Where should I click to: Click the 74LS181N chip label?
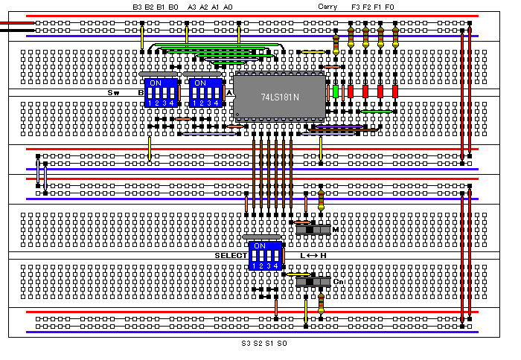(280, 97)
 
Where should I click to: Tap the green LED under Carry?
(336, 91)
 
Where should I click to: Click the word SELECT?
(230, 256)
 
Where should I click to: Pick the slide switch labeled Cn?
(313, 282)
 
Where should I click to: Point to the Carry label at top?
(327, 7)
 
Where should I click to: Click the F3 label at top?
(355, 7)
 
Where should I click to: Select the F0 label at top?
(390, 7)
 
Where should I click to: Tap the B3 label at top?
(137, 7)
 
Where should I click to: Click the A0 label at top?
(228, 7)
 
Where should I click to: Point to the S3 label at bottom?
(246, 344)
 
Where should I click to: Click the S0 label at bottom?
(282, 344)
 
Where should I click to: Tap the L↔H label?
(313, 256)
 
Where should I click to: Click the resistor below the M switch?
(321, 199)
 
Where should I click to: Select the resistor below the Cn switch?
(321, 302)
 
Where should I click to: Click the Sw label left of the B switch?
(114, 92)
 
